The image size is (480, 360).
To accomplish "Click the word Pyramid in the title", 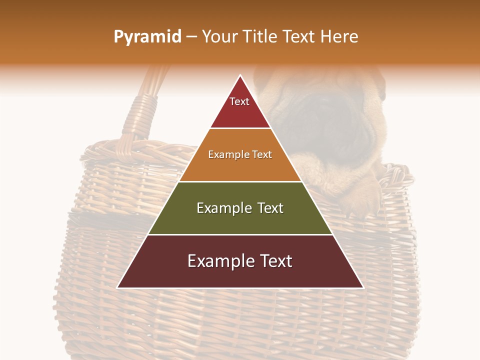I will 147,37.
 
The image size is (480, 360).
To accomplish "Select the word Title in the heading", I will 261,37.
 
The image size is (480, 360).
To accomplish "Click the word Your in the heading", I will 220,37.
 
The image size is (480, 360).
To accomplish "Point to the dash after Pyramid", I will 191,37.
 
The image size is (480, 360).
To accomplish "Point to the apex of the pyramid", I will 240,76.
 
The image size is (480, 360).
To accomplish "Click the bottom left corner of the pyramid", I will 118,287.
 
